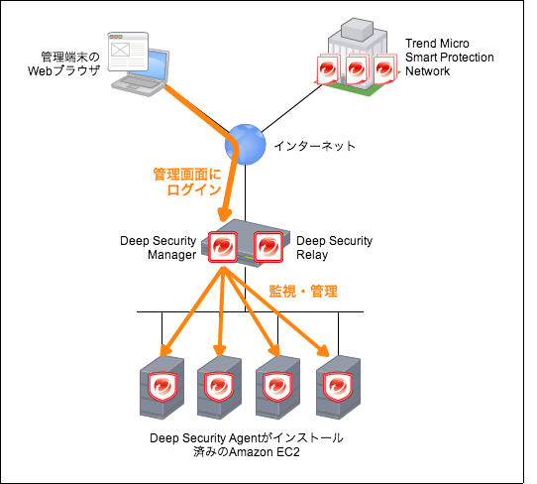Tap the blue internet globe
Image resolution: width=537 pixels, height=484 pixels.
[243, 144]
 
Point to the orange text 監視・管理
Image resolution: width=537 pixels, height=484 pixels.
[304, 292]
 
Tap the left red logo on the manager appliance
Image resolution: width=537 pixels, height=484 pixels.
[223, 246]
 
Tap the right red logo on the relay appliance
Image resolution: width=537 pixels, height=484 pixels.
[268, 246]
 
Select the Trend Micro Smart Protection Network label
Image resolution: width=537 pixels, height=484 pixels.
[449, 58]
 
